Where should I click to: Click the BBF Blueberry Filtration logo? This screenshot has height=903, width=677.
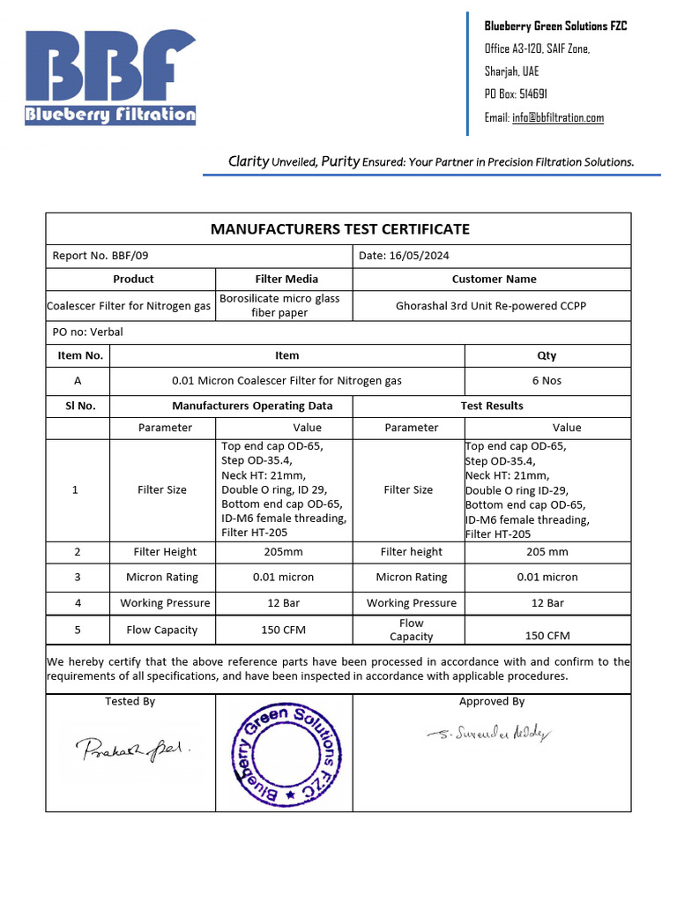pyautogui.click(x=110, y=78)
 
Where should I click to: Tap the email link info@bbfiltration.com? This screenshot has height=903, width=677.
pyautogui.click(x=557, y=118)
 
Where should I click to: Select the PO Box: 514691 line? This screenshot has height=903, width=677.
pyautogui.click(x=516, y=94)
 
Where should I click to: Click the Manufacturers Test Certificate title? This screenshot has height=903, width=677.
pyautogui.click(x=339, y=229)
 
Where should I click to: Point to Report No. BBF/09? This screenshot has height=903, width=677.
pyautogui.click(x=94, y=256)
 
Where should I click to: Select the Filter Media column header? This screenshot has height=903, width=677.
pyautogui.click(x=286, y=279)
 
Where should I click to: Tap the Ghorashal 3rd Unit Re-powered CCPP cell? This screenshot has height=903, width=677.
pyautogui.click(x=491, y=306)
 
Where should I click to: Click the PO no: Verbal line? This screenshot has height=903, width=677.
pyautogui.click(x=88, y=332)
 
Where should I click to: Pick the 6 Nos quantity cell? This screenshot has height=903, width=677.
pyautogui.click(x=547, y=381)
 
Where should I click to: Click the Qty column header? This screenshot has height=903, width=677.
pyautogui.click(x=547, y=355)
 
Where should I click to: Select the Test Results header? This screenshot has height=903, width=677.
pyautogui.click(x=491, y=406)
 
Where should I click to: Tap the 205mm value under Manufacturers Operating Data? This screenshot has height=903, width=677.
pyautogui.click(x=283, y=552)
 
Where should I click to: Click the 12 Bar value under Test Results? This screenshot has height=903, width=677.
pyautogui.click(x=547, y=603)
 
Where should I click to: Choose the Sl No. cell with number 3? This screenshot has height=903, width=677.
pyautogui.click(x=78, y=578)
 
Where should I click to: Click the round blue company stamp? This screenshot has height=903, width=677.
pyautogui.click(x=286, y=755)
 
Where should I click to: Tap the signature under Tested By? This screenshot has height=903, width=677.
pyautogui.click(x=132, y=749)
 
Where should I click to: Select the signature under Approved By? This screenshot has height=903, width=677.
pyautogui.click(x=490, y=734)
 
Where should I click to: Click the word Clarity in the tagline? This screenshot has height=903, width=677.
pyautogui.click(x=248, y=161)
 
